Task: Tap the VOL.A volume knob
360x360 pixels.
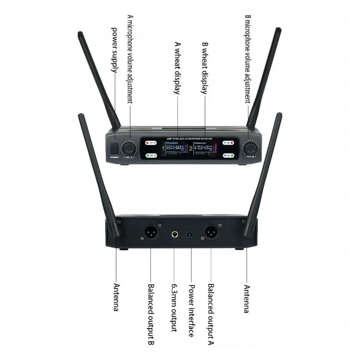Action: click(129, 148)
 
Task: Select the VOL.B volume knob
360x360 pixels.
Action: click(250, 148)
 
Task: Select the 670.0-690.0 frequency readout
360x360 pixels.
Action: click(204, 148)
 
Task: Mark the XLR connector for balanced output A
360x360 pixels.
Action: click(211, 232)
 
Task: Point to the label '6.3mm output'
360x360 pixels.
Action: click(174, 308)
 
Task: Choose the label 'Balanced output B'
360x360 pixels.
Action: click(151, 314)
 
